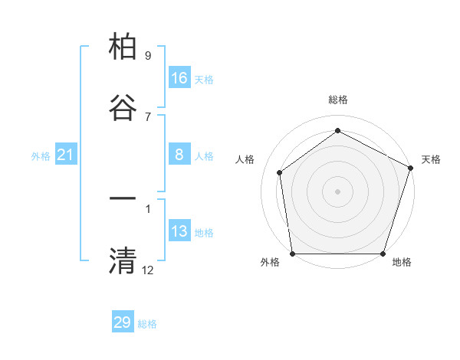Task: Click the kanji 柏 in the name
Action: pyautogui.click(x=123, y=47)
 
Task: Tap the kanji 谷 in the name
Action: pyautogui.click(x=123, y=108)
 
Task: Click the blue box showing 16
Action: pyautogui.click(x=179, y=78)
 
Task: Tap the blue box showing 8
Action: pyautogui.click(x=179, y=155)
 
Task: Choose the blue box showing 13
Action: pyautogui.click(x=179, y=231)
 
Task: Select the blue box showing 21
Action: pyautogui.click(x=66, y=155)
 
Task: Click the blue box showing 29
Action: pyautogui.click(x=123, y=322)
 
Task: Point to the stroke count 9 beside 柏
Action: pyautogui.click(x=148, y=56)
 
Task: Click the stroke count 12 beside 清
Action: pyautogui.click(x=148, y=270)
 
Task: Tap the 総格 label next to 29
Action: pyautogui.click(x=147, y=324)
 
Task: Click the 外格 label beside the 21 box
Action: pyautogui.click(x=41, y=156)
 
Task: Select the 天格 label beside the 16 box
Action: pyautogui.click(x=204, y=80)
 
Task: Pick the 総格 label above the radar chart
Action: pyautogui.click(x=337, y=100)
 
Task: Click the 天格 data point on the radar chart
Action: pyautogui.click(x=410, y=168)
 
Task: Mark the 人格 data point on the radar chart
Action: pyautogui.click(x=280, y=172)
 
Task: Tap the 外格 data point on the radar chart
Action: pyautogui.click(x=292, y=254)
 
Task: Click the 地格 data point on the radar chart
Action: pyautogui.click(x=383, y=254)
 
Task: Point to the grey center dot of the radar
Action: pyautogui.click(x=337, y=191)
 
